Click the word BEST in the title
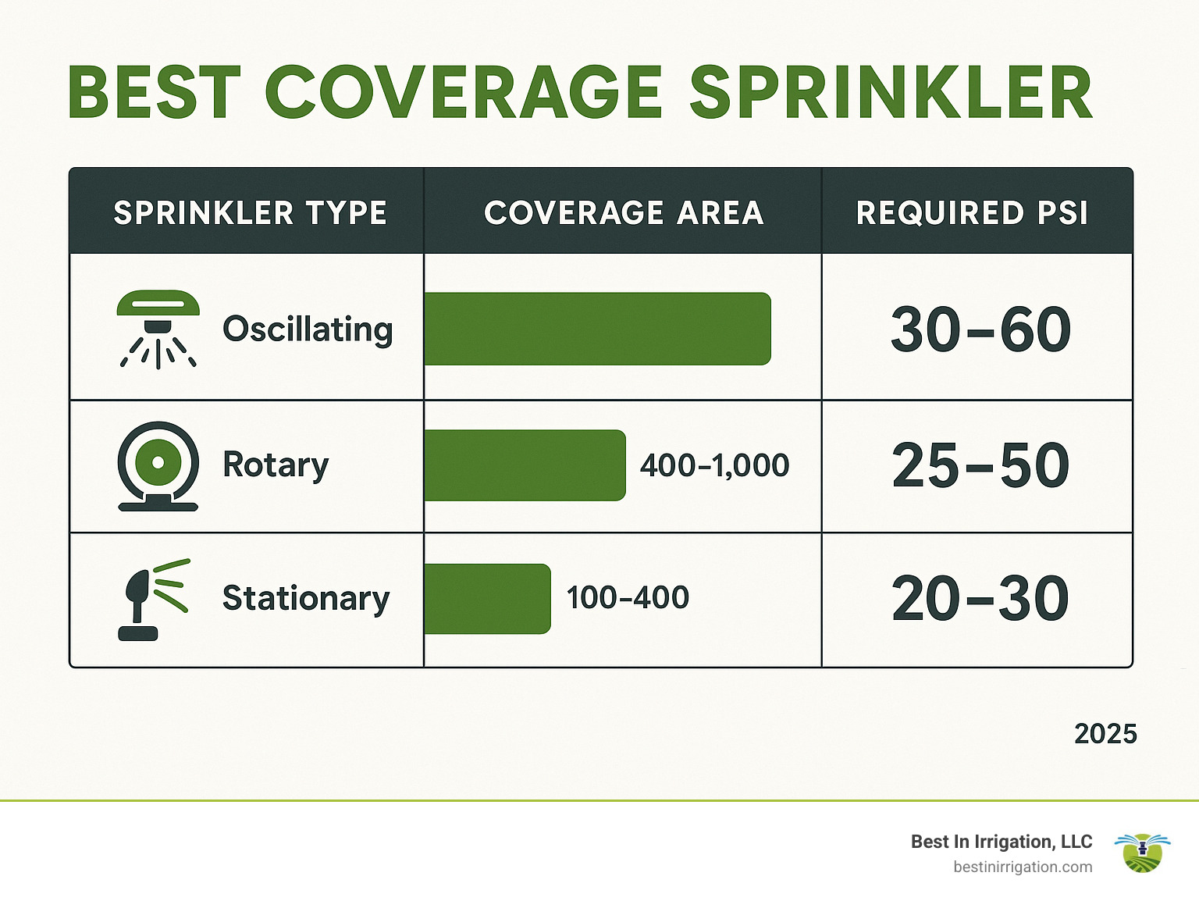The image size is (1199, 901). click(155, 93)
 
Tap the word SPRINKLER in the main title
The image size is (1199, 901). click(891, 93)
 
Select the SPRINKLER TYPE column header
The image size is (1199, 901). click(250, 212)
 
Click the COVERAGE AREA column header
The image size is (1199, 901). click(624, 212)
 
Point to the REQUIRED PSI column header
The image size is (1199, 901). click(972, 212)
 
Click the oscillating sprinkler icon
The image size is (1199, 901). click(158, 329)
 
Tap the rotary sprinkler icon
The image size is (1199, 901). click(158, 466)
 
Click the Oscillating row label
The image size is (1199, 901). click(308, 329)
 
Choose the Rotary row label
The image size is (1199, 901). click(276, 465)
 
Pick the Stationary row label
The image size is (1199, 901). click(306, 599)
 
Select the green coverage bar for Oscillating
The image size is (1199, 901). click(597, 329)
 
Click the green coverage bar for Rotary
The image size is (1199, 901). click(525, 465)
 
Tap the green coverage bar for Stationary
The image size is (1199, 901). click(487, 599)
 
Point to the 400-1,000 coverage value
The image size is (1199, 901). click(714, 465)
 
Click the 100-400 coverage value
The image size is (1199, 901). click(628, 598)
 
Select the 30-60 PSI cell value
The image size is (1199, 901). click(980, 329)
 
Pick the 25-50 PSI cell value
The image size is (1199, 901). click(980, 466)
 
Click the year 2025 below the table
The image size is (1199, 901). click(1105, 734)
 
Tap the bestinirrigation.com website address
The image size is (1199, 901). click(1023, 867)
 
